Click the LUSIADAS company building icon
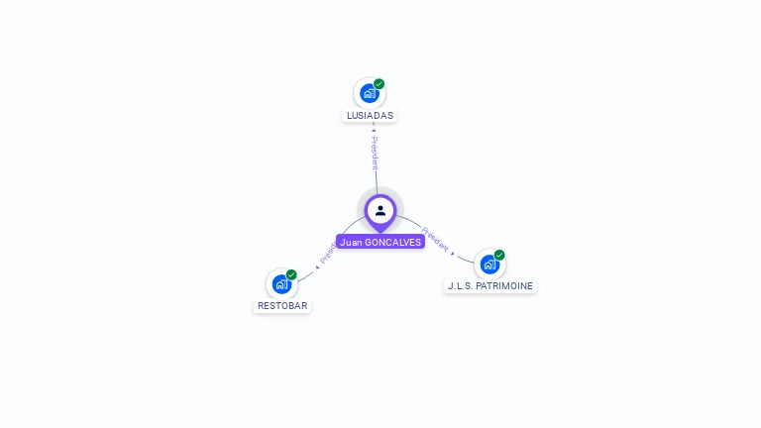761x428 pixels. click(x=369, y=94)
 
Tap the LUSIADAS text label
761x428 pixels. click(x=370, y=116)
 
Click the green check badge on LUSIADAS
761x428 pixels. click(x=380, y=84)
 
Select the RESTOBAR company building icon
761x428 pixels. click(x=281, y=284)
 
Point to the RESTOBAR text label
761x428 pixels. click(x=282, y=306)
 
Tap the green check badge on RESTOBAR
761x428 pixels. click(x=291, y=274)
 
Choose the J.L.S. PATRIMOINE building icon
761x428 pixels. click(x=489, y=265)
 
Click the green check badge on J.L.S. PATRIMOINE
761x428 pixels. click(x=499, y=255)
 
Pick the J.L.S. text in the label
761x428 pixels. click(x=460, y=286)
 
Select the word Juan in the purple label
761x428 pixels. click(x=351, y=242)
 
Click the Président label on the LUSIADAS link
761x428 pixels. click(x=375, y=153)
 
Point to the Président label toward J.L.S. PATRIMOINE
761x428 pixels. click(x=435, y=238)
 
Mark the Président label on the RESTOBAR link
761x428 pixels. click(x=328, y=254)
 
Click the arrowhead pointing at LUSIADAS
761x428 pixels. click(x=374, y=129)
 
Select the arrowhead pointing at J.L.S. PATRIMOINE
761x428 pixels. click(x=454, y=254)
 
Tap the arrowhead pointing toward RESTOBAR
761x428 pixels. click(x=317, y=267)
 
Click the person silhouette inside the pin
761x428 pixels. click(x=380, y=210)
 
